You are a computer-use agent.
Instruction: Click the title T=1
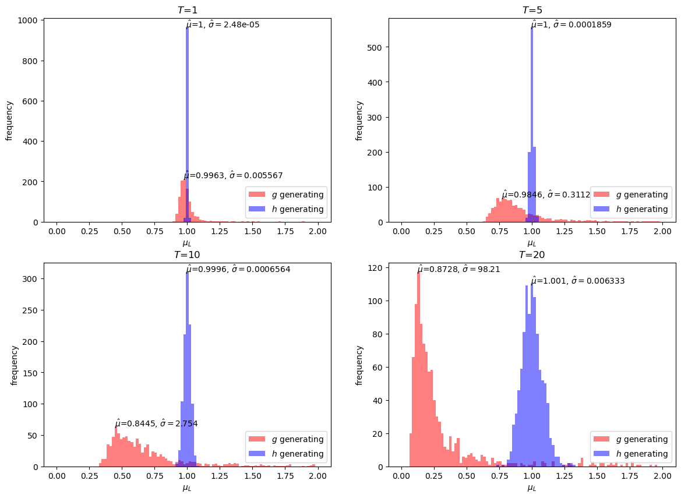coord(187,10)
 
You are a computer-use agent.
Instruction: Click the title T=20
coord(532,255)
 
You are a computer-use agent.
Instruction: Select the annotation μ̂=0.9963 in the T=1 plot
coord(233,175)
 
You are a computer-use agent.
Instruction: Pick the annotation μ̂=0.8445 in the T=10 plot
coord(156,423)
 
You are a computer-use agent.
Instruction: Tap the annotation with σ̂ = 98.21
coord(458,269)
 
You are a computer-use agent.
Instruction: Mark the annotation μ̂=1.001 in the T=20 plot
coord(577,281)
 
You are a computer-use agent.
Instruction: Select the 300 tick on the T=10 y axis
coord(31,278)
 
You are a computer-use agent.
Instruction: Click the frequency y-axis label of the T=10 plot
coord(14,365)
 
